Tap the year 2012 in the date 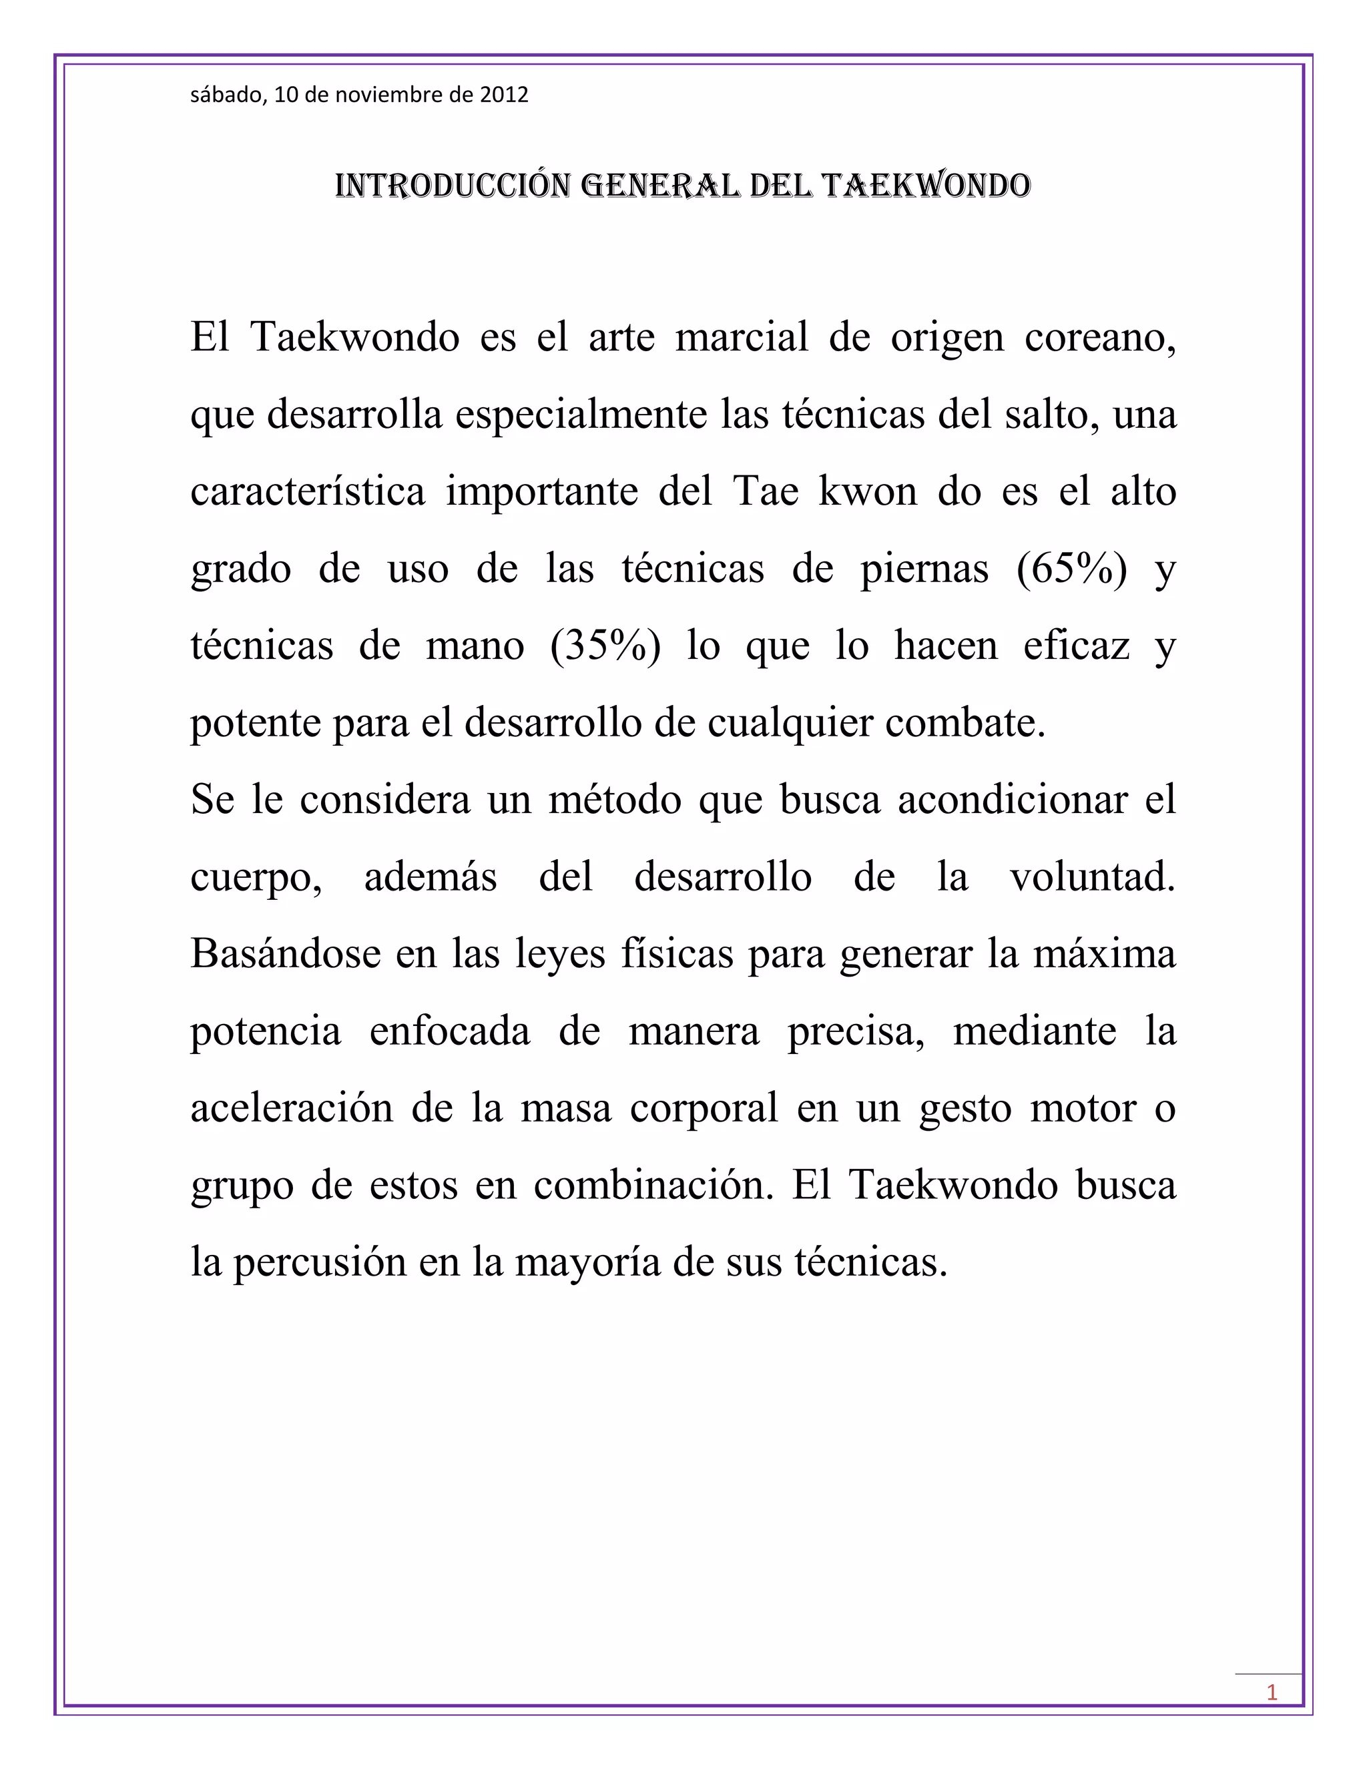click(504, 95)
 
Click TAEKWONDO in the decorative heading click(926, 186)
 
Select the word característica click(308, 492)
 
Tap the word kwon click(867, 492)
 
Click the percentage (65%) click(1072, 569)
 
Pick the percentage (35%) click(605, 646)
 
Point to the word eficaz click(1076, 646)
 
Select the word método click(615, 800)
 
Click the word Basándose click(285, 954)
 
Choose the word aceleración click(292, 1108)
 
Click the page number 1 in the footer click(1272, 1692)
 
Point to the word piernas click(924, 569)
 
